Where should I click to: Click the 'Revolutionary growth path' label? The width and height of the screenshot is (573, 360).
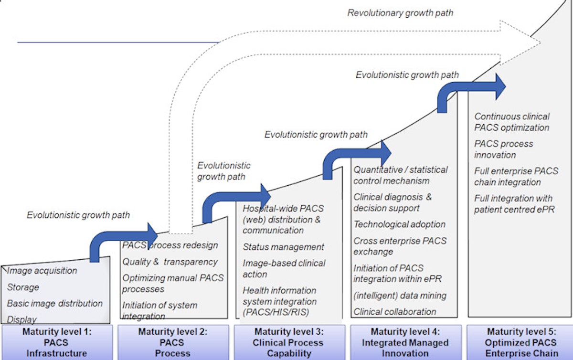click(400, 13)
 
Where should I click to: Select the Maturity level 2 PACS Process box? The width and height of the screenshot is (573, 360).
click(172, 342)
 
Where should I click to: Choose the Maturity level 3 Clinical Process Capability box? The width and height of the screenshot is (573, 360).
click(289, 342)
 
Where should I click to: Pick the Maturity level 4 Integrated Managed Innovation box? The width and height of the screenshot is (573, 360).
click(405, 342)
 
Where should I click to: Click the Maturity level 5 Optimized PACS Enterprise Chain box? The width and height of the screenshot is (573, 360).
click(520, 342)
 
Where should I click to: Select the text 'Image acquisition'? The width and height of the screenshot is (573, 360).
click(42, 271)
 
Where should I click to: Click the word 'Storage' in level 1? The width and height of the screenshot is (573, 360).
click(23, 287)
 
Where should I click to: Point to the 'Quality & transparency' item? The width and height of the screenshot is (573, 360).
click(170, 262)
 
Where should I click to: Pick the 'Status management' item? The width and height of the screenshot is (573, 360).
click(283, 247)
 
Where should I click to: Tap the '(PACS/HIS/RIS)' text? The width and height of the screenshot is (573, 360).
click(276, 313)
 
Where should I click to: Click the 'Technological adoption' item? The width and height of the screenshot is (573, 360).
click(399, 224)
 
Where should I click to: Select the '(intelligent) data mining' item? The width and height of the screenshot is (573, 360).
click(400, 296)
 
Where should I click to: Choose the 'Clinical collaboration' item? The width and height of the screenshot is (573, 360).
click(395, 312)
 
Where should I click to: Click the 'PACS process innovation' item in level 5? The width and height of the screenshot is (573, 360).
click(503, 149)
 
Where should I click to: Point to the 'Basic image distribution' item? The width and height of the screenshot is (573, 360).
click(55, 303)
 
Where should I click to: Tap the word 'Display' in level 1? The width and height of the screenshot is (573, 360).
click(22, 319)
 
